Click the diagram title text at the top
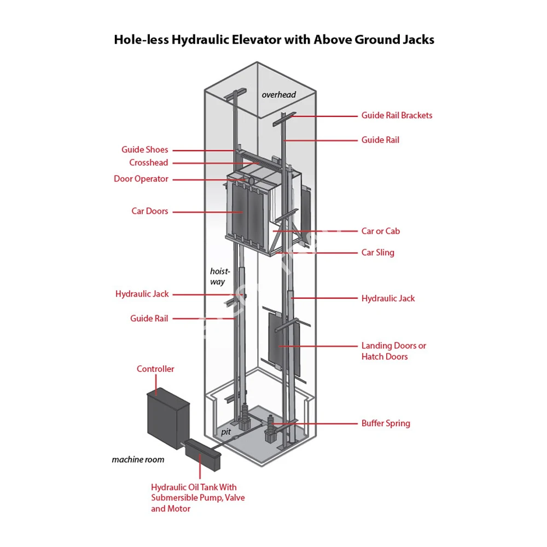(x=273, y=40)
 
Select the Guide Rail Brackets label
(x=397, y=115)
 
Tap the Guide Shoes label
(x=145, y=150)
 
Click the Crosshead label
(x=149, y=162)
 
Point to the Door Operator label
(x=141, y=179)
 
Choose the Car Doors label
(x=150, y=211)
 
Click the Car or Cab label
(x=380, y=231)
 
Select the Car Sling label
(x=377, y=253)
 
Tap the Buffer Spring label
(x=385, y=423)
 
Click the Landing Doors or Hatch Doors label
(x=393, y=351)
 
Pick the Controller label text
(x=155, y=369)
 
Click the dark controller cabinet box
(x=167, y=415)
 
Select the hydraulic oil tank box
(x=203, y=453)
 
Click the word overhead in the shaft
(x=278, y=95)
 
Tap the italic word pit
(x=226, y=432)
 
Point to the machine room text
(x=138, y=459)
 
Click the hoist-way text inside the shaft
(x=219, y=276)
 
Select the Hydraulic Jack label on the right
(x=388, y=299)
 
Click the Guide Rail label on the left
(x=149, y=318)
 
